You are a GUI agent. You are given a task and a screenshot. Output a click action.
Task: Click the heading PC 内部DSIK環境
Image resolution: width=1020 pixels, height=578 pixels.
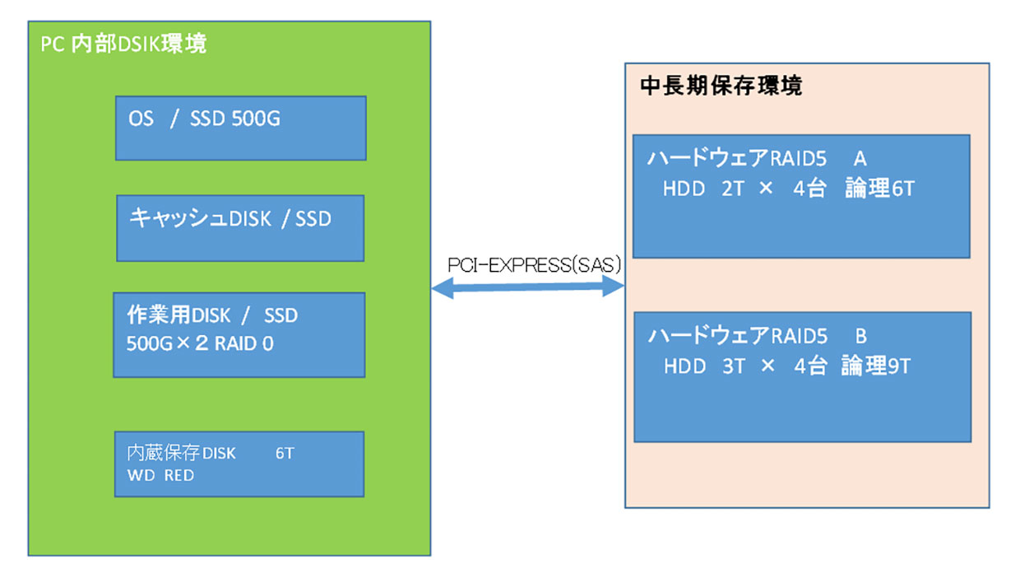(x=123, y=44)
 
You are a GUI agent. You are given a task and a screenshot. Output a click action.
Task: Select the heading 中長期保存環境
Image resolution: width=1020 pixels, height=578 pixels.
(x=721, y=86)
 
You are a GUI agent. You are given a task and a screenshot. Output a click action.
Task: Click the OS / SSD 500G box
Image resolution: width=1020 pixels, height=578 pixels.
(x=241, y=128)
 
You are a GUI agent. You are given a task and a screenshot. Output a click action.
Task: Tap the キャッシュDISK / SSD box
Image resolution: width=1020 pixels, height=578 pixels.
(x=240, y=228)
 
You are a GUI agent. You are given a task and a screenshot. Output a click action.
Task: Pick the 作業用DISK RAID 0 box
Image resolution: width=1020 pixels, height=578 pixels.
(x=239, y=335)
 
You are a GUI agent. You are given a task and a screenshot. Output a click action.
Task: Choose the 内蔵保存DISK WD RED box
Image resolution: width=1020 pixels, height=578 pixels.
(x=239, y=464)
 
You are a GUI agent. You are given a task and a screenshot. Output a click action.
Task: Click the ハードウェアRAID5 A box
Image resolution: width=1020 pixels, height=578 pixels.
(x=801, y=197)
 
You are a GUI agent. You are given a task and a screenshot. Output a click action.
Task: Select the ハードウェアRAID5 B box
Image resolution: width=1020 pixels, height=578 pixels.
(x=803, y=377)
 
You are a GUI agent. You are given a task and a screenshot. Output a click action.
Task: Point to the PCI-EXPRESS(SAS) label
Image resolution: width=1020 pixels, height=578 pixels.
(x=535, y=265)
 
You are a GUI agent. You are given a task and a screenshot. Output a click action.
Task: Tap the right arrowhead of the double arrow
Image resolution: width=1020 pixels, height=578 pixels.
(x=614, y=286)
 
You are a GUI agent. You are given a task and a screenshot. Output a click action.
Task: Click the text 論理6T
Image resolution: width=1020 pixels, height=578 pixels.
(x=880, y=189)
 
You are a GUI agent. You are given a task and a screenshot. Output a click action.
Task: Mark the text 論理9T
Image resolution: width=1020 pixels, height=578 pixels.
(x=876, y=366)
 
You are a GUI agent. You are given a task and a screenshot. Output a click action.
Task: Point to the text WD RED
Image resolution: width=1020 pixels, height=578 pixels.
(x=160, y=475)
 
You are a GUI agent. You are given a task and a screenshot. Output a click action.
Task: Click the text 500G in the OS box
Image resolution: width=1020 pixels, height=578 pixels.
(x=256, y=119)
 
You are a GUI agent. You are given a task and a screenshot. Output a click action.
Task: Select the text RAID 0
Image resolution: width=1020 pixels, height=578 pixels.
(x=244, y=343)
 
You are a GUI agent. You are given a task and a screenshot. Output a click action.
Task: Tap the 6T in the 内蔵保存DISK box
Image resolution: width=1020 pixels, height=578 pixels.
(x=285, y=453)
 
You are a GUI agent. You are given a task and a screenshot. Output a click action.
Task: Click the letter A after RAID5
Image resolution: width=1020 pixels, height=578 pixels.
(x=860, y=159)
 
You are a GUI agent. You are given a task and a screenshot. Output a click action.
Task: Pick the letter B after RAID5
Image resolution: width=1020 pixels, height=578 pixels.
(x=861, y=337)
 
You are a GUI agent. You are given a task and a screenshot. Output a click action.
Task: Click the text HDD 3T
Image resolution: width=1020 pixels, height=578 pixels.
(x=704, y=366)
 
